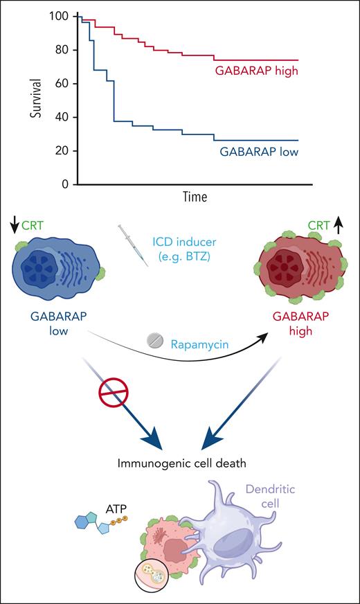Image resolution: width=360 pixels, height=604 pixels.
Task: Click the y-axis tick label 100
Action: coord(60,16)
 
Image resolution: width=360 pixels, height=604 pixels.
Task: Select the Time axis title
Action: coord(196,197)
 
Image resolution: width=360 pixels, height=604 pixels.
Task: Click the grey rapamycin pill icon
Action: coord(156,341)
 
